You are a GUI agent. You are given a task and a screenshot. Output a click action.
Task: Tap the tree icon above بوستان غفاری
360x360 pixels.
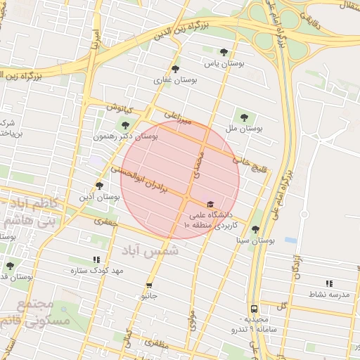175,68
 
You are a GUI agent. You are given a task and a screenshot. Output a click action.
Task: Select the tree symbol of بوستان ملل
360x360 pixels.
244,117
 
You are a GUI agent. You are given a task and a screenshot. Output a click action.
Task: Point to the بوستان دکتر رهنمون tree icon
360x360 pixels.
125,124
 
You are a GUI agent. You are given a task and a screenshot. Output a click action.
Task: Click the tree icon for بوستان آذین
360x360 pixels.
99,186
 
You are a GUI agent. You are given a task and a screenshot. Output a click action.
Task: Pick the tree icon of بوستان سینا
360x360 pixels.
255,229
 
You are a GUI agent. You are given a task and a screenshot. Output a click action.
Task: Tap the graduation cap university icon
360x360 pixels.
210,204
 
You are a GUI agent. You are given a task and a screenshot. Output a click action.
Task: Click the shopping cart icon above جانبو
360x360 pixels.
149,284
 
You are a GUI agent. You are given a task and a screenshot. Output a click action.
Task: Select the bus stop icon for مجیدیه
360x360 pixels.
253,308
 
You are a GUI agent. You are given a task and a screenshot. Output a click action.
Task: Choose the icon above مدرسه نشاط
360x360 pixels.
309,283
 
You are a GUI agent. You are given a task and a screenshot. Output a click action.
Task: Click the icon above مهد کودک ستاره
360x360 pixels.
96,259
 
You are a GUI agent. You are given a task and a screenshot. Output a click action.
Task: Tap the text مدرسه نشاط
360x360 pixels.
329,294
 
